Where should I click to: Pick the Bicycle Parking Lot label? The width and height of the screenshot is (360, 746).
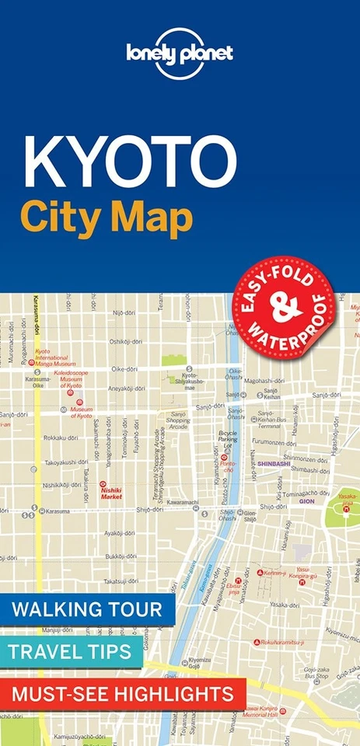click(x=228, y=439)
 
